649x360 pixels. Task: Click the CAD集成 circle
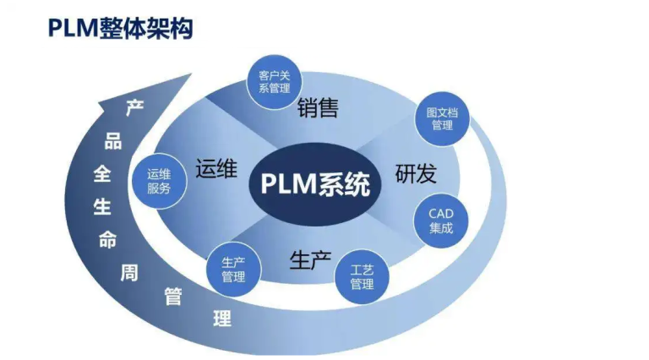tap(440, 221)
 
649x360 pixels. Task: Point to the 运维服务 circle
tap(159, 181)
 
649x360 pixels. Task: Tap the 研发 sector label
tap(416, 174)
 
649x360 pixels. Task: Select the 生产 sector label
tap(310, 259)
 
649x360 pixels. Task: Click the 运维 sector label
tap(215, 167)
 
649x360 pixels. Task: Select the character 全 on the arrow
tap(101, 174)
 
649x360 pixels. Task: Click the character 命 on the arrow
tap(107, 238)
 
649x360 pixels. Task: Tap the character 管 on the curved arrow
tap(174, 297)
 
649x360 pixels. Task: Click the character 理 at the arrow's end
tap(222, 319)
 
